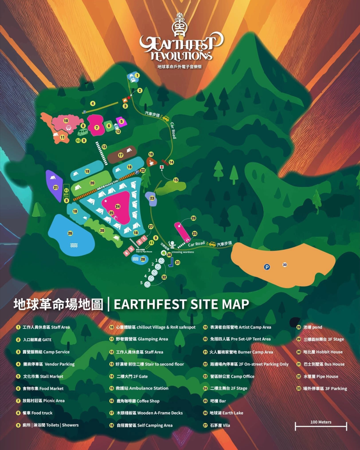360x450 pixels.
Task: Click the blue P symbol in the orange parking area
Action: [267, 267]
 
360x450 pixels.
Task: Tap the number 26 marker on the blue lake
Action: [70, 233]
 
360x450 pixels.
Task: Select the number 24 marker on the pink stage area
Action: [118, 207]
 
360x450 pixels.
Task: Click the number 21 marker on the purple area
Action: [56, 187]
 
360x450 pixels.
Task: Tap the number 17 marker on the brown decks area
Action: [120, 156]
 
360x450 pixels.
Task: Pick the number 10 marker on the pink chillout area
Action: [66, 121]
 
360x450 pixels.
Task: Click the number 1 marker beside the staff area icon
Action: [137, 76]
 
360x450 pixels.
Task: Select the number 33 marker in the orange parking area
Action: [284, 264]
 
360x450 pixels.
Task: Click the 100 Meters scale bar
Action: [321, 425]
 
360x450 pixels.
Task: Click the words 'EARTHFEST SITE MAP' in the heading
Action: [181, 304]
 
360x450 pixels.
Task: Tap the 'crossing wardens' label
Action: [181, 252]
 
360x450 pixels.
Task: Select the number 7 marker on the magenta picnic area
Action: [97, 128]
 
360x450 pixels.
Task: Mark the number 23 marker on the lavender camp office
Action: [152, 198]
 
